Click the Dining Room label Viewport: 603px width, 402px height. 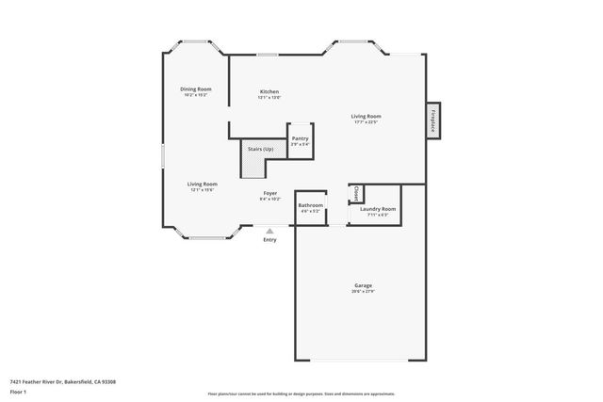[x=196, y=89]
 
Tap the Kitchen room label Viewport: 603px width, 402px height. [x=269, y=91]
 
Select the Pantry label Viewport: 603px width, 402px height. [x=300, y=138]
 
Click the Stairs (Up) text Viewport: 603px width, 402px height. [x=261, y=149]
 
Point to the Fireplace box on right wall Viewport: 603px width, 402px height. [x=433, y=121]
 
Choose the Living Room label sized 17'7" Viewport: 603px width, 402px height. [x=367, y=116]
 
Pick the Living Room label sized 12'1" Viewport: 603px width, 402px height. [x=203, y=184]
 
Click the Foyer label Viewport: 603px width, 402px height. [x=269, y=193]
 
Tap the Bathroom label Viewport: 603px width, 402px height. [x=310, y=205]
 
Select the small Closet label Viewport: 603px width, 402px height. [x=355, y=193]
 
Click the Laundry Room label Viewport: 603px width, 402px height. [x=378, y=209]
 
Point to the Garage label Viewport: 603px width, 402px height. [x=363, y=285]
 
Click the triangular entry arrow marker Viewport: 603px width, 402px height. [x=270, y=230]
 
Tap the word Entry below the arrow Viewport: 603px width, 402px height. [x=270, y=240]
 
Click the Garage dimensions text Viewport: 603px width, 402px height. [x=363, y=292]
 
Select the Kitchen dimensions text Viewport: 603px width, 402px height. [x=269, y=98]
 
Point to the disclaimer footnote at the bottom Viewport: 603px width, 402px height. [x=301, y=394]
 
